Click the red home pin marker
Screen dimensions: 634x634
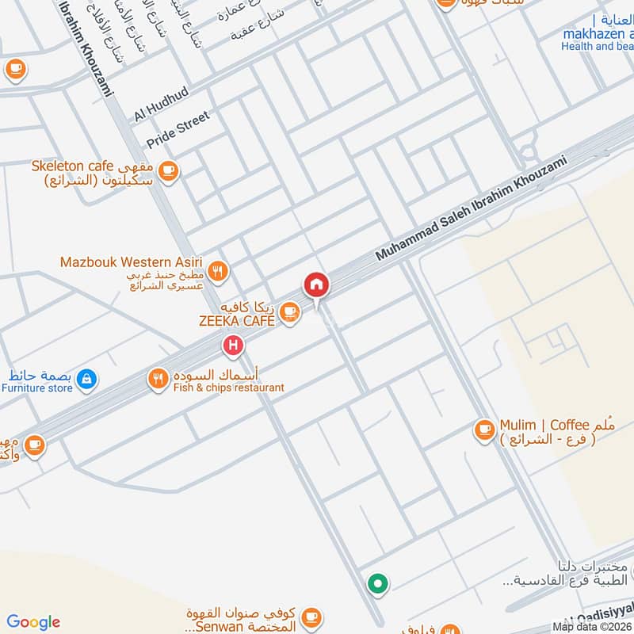click(x=315, y=285)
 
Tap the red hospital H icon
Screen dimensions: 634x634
click(x=232, y=345)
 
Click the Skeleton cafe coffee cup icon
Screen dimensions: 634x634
click(x=167, y=170)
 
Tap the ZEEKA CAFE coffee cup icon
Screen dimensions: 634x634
click(x=290, y=311)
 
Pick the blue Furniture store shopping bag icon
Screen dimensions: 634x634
click(x=86, y=380)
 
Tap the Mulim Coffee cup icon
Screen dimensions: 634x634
click(x=483, y=430)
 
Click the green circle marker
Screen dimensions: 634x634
click(x=377, y=584)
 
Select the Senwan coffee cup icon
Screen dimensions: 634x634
click(x=311, y=617)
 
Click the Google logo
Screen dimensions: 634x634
click(x=33, y=622)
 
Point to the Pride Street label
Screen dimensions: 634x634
click(x=178, y=131)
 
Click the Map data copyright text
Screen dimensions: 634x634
click(x=593, y=627)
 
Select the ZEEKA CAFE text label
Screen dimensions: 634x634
click(x=236, y=321)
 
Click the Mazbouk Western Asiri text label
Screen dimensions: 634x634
click(x=132, y=262)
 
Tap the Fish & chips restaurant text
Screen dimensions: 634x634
click(x=227, y=388)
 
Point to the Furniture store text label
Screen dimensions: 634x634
click(x=37, y=388)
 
